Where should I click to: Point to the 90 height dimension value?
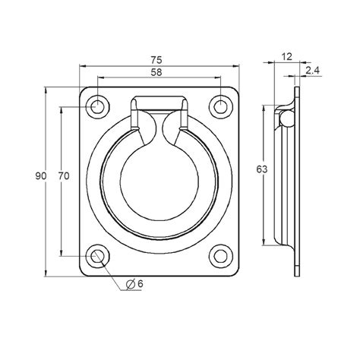pos(40,176)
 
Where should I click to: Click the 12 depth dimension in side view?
pos(286,55)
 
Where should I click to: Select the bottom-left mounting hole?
pos(97,256)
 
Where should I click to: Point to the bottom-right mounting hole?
pos(221,256)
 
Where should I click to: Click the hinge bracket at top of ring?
pos(159,106)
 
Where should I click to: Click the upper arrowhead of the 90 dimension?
pos(48,91)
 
